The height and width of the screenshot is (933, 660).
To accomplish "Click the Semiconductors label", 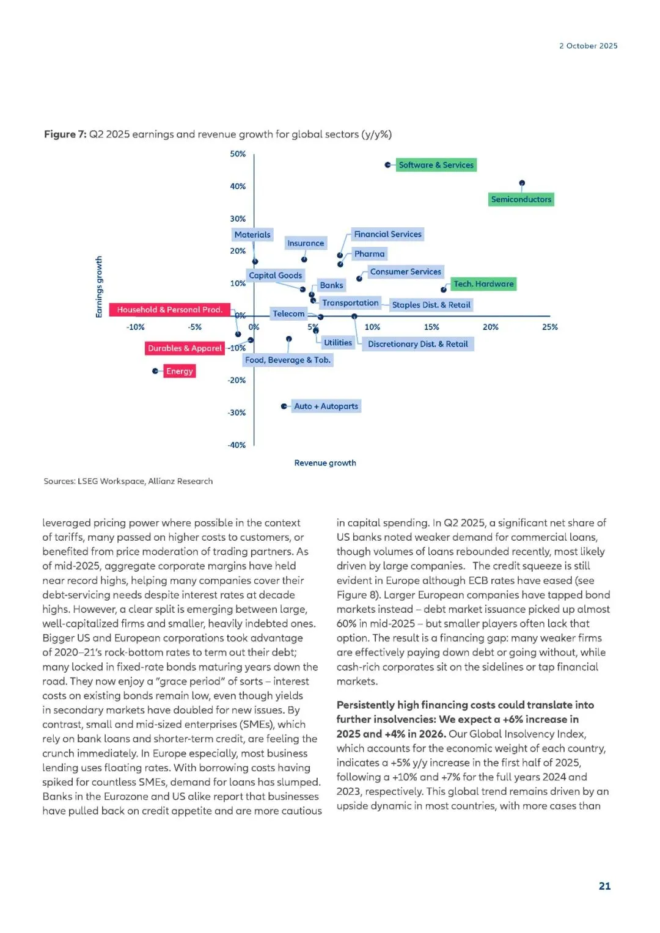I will pos(521,199).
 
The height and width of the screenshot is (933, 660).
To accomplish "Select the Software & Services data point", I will pos(387,165).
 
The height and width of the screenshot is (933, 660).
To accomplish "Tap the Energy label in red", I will pos(179,371).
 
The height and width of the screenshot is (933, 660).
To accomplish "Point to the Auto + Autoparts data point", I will pos(284,406).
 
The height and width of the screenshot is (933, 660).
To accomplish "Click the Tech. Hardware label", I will pos(483,284).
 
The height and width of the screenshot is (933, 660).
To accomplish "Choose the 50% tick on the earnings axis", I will pos(238,154).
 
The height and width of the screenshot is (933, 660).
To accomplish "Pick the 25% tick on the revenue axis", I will pos(549,327).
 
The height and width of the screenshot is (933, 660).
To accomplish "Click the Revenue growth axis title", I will pos(325,463).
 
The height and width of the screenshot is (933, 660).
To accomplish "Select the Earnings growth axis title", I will pos(99,287).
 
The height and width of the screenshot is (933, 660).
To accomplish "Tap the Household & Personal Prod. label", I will pos(169,310).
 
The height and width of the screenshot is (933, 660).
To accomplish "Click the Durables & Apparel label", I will pos(185,348).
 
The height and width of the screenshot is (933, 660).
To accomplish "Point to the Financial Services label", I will pos(387,234).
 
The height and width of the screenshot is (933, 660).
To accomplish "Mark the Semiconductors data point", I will pos(522,183).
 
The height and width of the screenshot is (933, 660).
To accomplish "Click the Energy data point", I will pos(155,371).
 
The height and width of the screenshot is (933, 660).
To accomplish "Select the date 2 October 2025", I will pos(588,46).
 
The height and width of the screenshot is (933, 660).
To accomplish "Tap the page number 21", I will pos(604,886).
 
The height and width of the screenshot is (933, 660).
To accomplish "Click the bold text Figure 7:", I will pos(65,134).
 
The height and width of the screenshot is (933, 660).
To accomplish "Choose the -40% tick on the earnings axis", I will pos(237,445).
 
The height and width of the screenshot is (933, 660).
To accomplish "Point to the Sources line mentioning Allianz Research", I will pos(128,481).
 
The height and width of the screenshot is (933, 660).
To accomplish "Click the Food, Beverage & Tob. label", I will pos(288,360).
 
